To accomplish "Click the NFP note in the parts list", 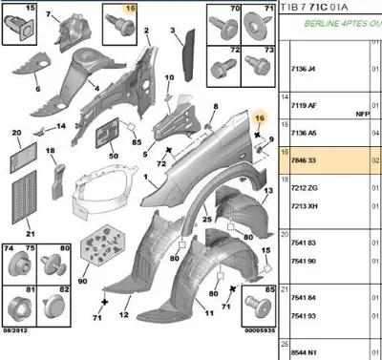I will pyautogui.click(x=362, y=114).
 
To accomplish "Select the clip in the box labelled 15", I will pyautogui.click(x=22, y=28).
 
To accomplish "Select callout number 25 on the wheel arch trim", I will pyautogui.click(x=205, y=219).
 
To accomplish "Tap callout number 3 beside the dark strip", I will pyautogui.click(x=174, y=32).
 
